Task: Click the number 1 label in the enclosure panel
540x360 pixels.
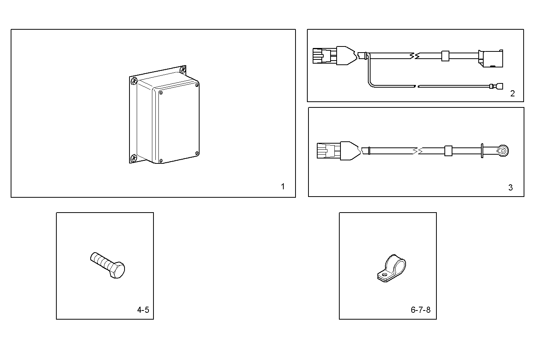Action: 283,187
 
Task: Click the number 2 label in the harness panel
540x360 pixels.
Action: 512,94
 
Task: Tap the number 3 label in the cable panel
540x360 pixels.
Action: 510,187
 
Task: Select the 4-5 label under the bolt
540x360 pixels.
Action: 143,310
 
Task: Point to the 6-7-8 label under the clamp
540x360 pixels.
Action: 420,310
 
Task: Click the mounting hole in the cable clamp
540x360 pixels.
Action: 384,274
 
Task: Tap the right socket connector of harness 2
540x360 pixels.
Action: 492,59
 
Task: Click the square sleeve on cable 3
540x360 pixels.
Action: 448,151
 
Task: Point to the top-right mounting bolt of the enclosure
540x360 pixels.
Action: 183,70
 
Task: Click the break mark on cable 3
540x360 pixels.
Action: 418,151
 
